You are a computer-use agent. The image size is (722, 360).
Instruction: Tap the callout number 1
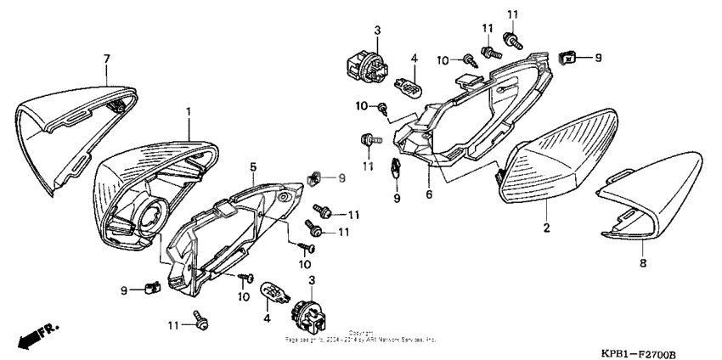click(189, 111)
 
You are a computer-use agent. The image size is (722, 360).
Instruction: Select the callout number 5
click(252, 166)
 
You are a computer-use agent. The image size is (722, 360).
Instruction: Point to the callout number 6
click(428, 194)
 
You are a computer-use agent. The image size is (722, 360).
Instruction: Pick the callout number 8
click(642, 264)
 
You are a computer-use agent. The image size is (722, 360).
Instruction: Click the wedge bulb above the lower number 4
click(273, 293)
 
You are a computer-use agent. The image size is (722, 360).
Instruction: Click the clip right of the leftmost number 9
click(153, 288)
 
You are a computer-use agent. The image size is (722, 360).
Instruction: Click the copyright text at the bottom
click(360, 337)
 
